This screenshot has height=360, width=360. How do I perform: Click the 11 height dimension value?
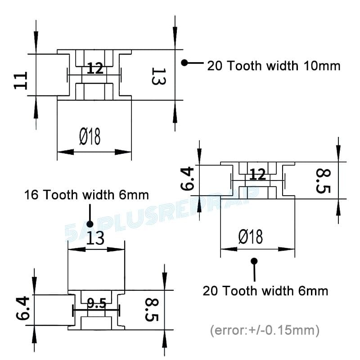point(21,80)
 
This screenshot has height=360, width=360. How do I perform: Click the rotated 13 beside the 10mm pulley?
point(158,76)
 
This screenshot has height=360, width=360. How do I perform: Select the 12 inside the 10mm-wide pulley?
point(95,69)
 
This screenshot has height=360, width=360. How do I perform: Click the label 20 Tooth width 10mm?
point(274,66)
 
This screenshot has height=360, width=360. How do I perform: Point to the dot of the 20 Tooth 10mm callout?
point(184,63)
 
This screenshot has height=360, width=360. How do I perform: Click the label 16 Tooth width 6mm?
point(86,195)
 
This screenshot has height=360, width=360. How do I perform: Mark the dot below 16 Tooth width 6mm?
point(90,224)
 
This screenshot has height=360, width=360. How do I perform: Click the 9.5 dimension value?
point(96,304)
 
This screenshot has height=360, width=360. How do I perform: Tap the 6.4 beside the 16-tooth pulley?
point(22,309)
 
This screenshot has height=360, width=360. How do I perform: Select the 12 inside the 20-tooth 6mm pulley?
point(258,174)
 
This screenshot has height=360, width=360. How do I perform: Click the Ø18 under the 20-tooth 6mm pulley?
point(251,237)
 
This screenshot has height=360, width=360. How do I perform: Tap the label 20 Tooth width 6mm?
point(265,291)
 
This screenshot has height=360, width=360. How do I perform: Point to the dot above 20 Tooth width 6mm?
point(254,261)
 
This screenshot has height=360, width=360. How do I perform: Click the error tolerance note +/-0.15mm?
point(265,331)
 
